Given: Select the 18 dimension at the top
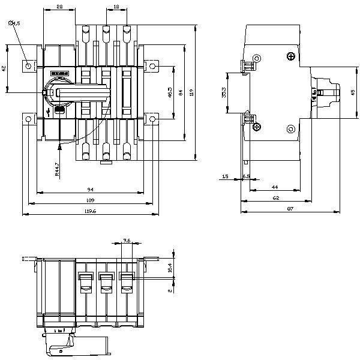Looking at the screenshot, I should (116, 6).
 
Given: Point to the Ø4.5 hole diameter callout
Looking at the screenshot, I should (15, 23).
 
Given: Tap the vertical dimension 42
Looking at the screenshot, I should (4, 68).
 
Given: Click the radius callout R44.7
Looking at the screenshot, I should (56, 169).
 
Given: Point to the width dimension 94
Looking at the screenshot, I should (89, 189).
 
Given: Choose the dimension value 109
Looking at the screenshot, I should (89, 200).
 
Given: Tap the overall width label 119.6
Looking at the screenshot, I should (88, 211).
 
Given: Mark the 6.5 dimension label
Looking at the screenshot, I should (246, 176).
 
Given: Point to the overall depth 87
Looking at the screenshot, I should (289, 208).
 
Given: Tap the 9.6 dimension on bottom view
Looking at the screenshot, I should (126, 240).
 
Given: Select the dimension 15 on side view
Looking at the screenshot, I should (225, 176).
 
